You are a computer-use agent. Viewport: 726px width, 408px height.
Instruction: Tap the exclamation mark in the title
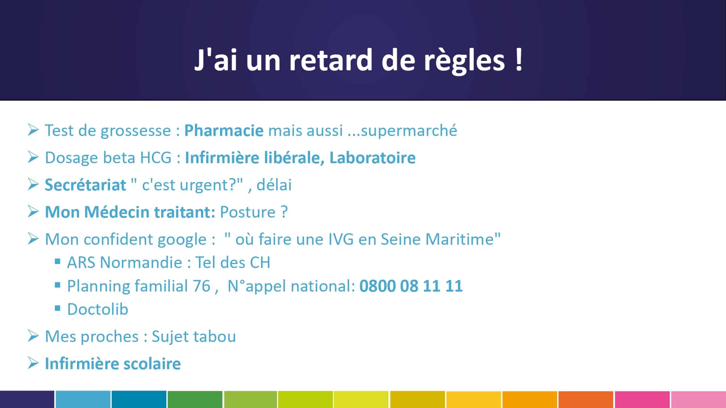[x=519, y=59]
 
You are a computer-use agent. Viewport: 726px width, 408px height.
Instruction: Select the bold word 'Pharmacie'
[x=224, y=131]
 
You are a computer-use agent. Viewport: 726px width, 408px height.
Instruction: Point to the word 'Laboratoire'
[x=372, y=158]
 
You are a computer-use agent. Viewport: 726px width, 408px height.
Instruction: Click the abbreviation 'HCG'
[x=156, y=158]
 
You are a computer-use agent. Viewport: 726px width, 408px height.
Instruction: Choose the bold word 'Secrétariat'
[x=85, y=185]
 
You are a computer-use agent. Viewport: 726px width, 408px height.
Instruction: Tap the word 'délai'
[x=274, y=185]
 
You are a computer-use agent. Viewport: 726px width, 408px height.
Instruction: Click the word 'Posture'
[x=248, y=212]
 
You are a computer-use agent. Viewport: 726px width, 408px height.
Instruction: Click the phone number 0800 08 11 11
[x=411, y=286]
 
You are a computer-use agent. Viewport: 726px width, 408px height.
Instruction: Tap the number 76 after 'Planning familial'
[x=201, y=286]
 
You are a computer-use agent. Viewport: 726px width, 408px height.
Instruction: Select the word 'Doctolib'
[x=98, y=309]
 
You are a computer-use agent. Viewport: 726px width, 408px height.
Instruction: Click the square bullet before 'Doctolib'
[x=57, y=308]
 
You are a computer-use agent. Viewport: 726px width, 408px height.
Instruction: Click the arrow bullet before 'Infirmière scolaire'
[x=33, y=363]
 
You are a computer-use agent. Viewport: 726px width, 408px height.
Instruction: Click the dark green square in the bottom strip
[x=195, y=399]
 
